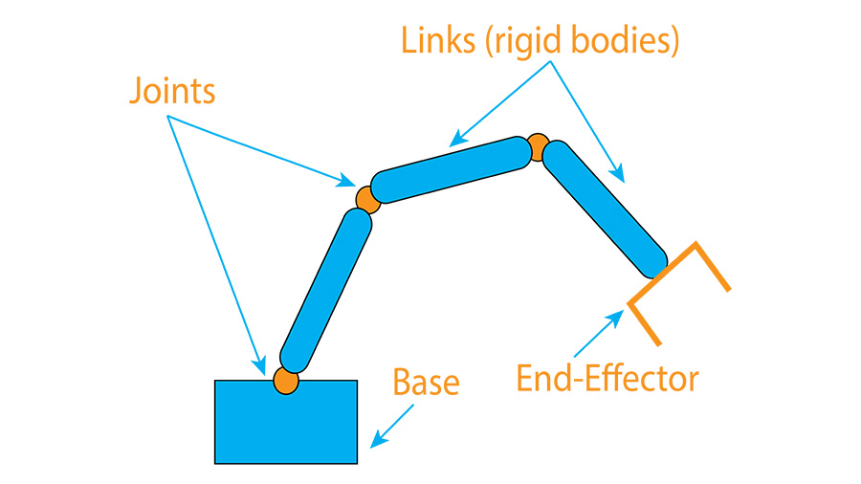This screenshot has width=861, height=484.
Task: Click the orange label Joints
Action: tap(172, 92)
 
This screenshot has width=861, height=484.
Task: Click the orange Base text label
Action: tap(426, 382)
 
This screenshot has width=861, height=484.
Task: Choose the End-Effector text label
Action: tap(607, 379)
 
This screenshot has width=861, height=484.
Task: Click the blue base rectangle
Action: tap(285, 426)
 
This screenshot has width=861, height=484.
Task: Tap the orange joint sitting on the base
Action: tap(285, 380)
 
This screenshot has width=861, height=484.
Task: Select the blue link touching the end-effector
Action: tap(605, 209)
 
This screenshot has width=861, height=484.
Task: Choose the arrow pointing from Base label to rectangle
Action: tap(393, 425)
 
